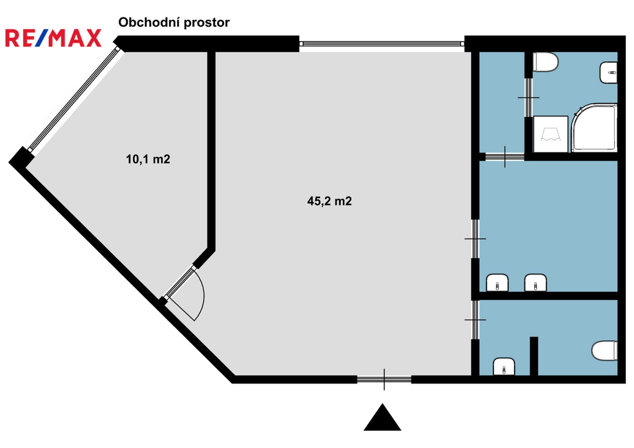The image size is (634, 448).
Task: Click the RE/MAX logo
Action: tap(53, 38)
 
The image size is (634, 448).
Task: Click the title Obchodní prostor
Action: tap(174, 22)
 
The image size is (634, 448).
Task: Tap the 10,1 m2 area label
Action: tap(148, 159)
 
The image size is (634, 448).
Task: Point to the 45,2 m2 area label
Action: tap(329, 201)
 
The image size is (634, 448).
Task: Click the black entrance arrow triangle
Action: tap(383, 418)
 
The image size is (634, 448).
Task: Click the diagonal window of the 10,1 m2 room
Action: tap(74, 99)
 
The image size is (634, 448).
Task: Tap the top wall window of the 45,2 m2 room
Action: tap(381, 43)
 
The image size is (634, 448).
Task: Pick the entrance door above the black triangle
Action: tap(384, 379)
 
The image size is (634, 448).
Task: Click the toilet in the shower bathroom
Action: tap(546, 63)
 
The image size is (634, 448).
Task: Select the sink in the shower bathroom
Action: tap(609, 73)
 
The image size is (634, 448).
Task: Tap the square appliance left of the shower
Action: tap(550, 134)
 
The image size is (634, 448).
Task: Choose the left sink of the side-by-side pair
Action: tap(497, 283)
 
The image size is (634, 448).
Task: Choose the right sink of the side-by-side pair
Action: tap(536, 283)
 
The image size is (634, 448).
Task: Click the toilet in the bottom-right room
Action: tap(605, 351)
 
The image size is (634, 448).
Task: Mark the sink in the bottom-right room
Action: tap(504, 367)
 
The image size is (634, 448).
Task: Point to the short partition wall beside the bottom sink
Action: tap(534, 356)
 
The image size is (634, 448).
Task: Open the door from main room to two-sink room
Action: tap(475, 239)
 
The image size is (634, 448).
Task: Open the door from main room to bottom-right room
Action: tap(475, 320)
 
